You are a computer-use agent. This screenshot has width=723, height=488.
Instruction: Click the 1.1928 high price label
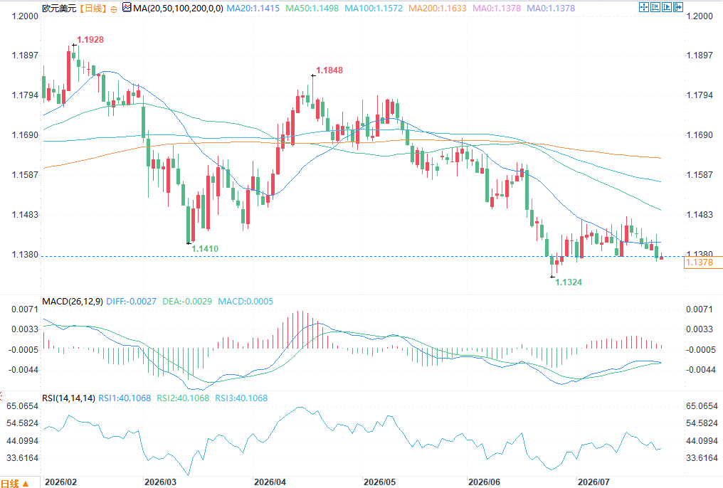coord(90,40)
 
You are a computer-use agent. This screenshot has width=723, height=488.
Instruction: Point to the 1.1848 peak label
coord(329,70)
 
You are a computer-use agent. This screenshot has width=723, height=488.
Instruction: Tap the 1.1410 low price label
coord(205,249)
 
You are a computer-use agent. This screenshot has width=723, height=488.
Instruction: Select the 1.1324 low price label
coord(569,282)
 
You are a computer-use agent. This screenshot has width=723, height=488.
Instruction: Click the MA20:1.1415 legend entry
coord(253,9)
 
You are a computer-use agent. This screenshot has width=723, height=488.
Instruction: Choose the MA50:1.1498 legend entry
coord(312,9)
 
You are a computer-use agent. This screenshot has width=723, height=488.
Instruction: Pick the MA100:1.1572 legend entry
coord(374,9)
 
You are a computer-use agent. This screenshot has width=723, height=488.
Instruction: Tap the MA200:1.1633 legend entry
coord(438,9)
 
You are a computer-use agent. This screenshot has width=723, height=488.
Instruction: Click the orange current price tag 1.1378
coord(700,262)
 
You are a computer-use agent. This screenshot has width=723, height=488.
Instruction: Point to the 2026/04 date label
coord(270,482)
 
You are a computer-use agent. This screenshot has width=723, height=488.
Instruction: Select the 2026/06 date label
coord(484,482)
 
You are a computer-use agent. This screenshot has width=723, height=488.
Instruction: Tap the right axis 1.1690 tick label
coord(700,135)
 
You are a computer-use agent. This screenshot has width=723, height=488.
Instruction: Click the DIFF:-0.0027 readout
coord(132,302)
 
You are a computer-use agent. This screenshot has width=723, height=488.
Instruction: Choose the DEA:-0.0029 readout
coord(187,302)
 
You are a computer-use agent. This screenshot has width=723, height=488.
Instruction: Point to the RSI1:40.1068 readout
coord(125,398)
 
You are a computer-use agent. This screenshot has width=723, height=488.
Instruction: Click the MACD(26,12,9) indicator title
coord(73,302)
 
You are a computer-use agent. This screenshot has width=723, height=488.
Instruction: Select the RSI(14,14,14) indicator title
coord(69,398)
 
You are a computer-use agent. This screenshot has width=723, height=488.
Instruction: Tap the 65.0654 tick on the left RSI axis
coord(22,406)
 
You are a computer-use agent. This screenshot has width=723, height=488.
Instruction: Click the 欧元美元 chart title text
coord(59,9)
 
